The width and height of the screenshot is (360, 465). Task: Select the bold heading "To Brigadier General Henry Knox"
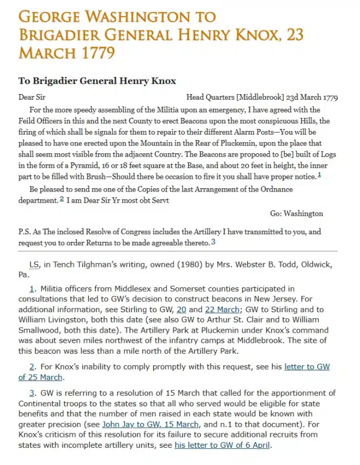[97, 81]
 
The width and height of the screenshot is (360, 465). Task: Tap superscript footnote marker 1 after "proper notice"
[319, 175]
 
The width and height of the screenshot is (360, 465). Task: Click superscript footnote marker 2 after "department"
[62, 199]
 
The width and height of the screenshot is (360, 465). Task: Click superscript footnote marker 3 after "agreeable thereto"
[213, 241]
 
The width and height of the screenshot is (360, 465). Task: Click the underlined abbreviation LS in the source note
[34, 265]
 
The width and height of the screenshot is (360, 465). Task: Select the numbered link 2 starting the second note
[32, 366]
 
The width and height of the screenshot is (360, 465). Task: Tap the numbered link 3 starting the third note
[32, 392]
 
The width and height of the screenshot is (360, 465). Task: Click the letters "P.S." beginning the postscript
[25, 232]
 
